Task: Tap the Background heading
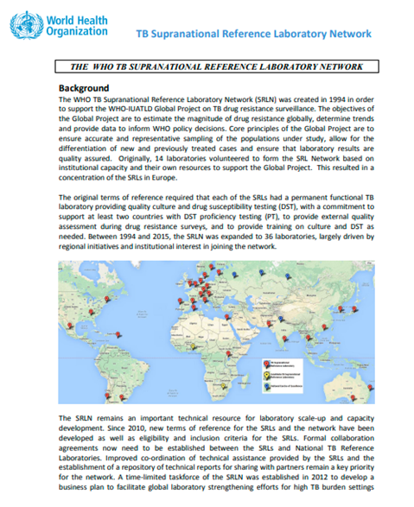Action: tap(83, 88)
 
